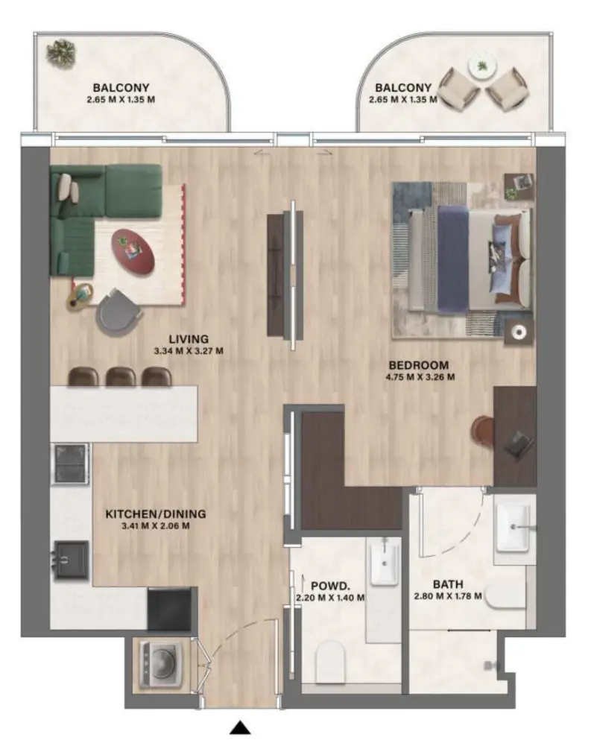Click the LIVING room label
pos(183,338)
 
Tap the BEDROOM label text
pos(419,365)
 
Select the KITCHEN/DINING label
pos(155,513)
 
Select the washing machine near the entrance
pos(159,663)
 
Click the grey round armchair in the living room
pos(119,311)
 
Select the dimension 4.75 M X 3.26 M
pos(419,377)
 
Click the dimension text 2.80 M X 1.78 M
pos(447,596)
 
